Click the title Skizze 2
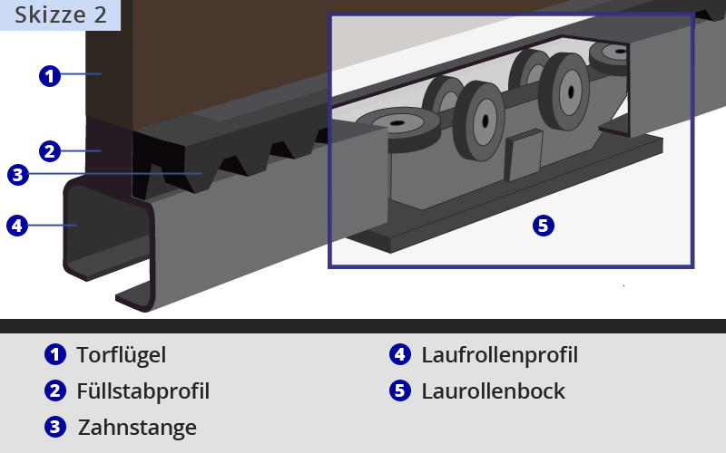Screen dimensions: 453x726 pos(60,14)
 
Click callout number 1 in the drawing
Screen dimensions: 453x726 pos(50,76)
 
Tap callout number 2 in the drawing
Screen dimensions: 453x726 pos(50,151)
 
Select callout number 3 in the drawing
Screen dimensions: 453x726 pos(18,174)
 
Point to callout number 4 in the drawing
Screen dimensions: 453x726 pos(17,225)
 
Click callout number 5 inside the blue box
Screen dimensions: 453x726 pos(543,226)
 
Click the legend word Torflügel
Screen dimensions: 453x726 pos(121,355)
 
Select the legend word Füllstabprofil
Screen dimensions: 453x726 pos(142,391)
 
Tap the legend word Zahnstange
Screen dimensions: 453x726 pos(136,427)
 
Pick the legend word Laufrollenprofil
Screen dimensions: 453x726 pos(499,355)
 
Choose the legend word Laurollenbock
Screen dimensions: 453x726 pos(493,391)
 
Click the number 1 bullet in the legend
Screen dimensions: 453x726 pos(55,355)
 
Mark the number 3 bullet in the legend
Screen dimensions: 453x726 pos(55,427)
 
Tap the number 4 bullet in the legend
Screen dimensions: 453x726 pos(400,355)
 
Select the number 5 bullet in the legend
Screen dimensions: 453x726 pos(400,391)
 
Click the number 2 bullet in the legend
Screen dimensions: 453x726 pos(55,391)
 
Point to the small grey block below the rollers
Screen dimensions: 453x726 pos(524,155)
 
